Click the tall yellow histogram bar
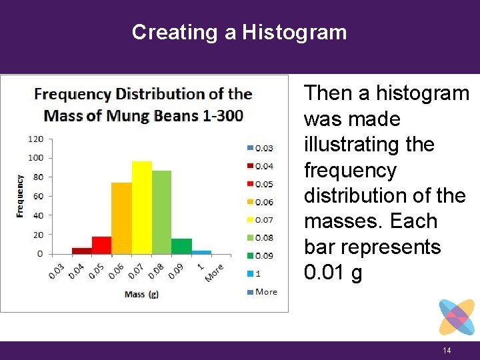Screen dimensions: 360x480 pyautogui.click(x=141, y=207)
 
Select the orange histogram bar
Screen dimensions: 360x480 pyautogui.click(x=121, y=218)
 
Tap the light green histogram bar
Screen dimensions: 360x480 pyautogui.click(x=161, y=212)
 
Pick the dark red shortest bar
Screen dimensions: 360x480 pyautogui.click(x=81, y=251)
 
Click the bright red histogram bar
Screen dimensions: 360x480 pyautogui.click(x=101, y=245)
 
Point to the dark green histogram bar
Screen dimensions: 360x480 pyautogui.click(x=181, y=246)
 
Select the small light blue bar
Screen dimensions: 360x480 pyautogui.click(x=201, y=252)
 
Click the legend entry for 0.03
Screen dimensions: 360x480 pyautogui.click(x=260, y=147)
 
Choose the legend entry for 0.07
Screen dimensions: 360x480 pyautogui.click(x=260, y=219)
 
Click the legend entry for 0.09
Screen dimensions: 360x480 pyautogui.click(x=260, y=255)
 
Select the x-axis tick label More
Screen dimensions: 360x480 pyautogui.click(x=214, y=272)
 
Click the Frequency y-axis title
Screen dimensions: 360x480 pyautogui.click(x=19, y=196)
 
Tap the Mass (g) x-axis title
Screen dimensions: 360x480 pyautogui.click(x=141, y=294)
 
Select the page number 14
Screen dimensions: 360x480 pyautogui.click(x=447, y=351)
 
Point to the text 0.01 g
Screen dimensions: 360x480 pyautogui.click(x=333, y=273)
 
